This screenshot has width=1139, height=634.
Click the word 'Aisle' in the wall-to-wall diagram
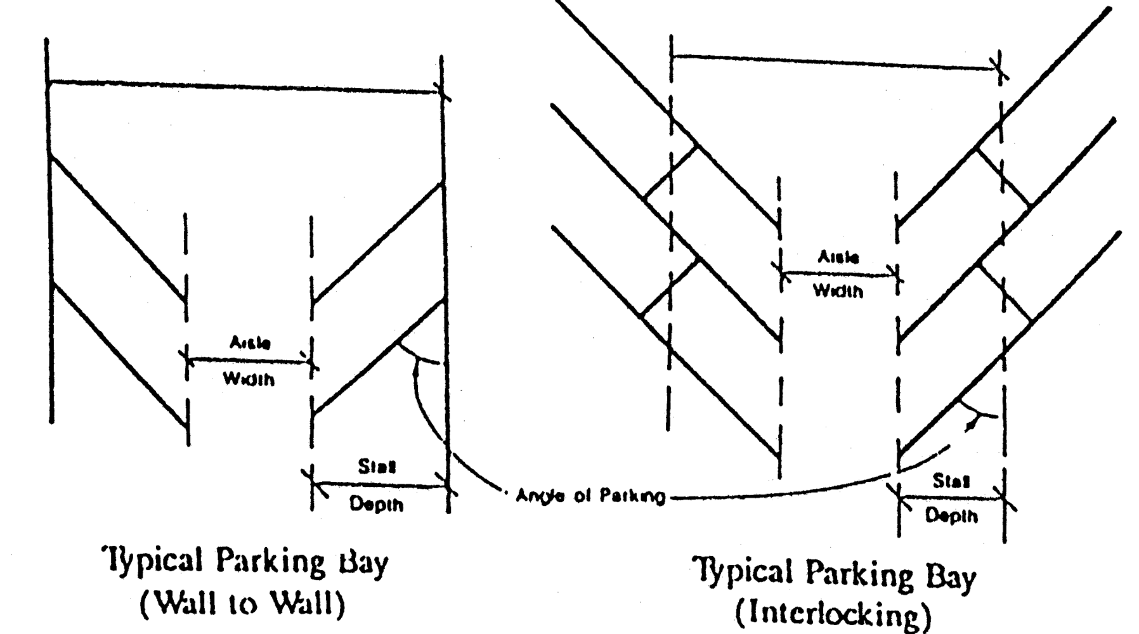click(x=250, y=343)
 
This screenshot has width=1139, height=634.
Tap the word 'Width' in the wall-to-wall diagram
click(x=249, y=380)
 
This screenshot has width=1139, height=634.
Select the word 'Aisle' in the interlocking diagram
click(x=838, y=257)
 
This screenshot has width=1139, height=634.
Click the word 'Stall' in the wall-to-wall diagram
click(x=377, y=467)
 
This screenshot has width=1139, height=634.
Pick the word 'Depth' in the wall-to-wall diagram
click(x=377, y=505)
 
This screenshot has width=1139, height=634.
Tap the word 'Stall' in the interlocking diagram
click(x=951, y=482)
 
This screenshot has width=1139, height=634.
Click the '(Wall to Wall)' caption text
click(x=243, y=605)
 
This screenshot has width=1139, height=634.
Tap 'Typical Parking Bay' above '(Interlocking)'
click(x=834, y=574)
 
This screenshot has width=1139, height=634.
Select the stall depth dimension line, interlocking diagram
click(x=951, y=498)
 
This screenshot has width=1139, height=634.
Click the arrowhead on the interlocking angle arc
click(x=970, y=427)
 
